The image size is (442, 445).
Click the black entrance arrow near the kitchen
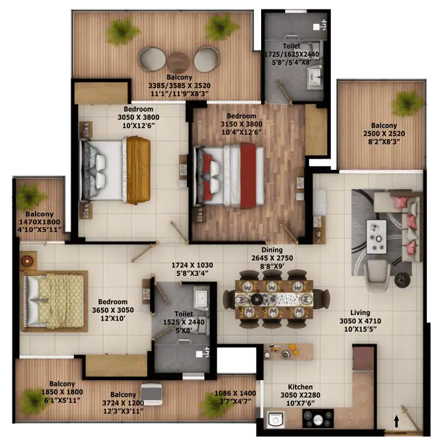tap(397, 422)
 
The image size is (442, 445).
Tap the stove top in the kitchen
tap(318, 418)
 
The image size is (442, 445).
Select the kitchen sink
tap(275, 419)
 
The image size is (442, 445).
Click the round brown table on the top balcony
tap(178, 63)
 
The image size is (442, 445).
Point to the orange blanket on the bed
tap(138, 170)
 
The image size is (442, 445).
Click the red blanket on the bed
tap(248, 176)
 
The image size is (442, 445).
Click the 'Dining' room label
tap(272, 250)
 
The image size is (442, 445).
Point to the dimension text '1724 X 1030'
tap(193, 265)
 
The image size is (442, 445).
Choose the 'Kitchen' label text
tap(300, 387)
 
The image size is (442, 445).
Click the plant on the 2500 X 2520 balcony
tap(407, 103)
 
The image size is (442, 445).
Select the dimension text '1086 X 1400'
tap(235, 394)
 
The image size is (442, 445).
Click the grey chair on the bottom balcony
tap(151, 394)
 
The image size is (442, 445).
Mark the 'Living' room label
tap(360, 313)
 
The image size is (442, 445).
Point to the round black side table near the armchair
tap(402, 281)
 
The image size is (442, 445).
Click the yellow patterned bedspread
tap(61, 301)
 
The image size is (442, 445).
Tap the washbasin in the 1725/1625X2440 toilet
tap(315, 77)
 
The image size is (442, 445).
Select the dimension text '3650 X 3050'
tap(113, 310)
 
